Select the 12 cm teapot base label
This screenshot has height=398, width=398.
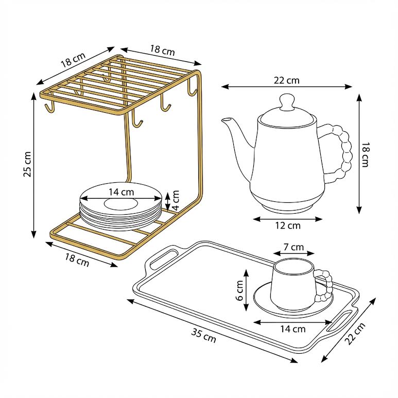(287, 225)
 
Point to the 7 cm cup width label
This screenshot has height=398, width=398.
(293, 247)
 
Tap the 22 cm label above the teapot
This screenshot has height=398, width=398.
(287, 80)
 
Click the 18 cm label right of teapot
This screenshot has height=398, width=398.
(365, 154)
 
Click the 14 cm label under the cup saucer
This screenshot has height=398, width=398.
(293, 328)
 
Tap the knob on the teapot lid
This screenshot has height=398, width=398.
(287, 101)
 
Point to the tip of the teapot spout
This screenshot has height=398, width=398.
(224, 121)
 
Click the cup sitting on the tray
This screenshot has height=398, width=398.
(292, 283)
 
